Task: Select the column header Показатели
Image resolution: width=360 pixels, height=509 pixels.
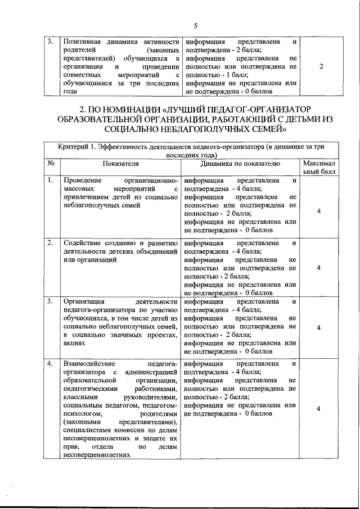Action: (x=120, y=164)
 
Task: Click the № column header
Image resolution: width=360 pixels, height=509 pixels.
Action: (x=51, y=164)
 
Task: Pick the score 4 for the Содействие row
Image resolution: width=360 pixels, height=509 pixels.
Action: (x=318, y=268)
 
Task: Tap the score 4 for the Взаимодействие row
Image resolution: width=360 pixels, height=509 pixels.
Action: (x=318, y=410)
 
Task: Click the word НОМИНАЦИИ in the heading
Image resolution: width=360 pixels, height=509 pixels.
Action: (x=127, y=108)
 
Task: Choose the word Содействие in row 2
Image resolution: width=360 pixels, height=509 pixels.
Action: (x=83, y=243)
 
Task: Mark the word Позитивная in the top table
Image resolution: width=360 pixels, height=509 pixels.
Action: (x=82, y=42)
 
